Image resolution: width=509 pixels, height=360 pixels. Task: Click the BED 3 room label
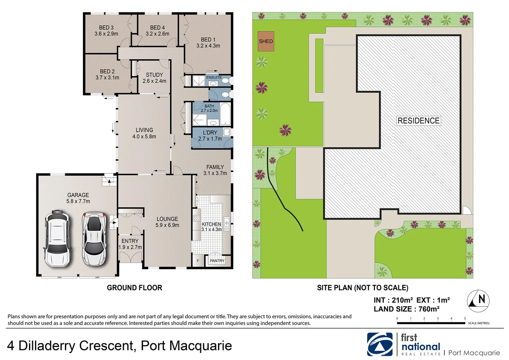[x=106, y=28]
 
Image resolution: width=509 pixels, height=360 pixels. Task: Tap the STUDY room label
[x=154, y=75]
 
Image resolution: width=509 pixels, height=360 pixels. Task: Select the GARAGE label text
[x=78, y=195]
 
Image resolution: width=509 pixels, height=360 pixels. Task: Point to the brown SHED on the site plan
[x=266, y=41]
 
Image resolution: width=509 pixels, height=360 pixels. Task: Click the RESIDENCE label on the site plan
[x=418, y=121]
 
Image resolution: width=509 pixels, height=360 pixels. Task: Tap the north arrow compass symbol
[x=478, y=299]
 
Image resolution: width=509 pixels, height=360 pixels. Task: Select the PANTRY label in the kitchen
[x=217, y=261]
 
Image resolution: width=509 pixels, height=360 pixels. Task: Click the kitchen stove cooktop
[x=197, y=219]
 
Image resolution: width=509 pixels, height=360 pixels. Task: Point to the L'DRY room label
[x=210, y=133]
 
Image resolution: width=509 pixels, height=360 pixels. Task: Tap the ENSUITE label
[x=214, y=77]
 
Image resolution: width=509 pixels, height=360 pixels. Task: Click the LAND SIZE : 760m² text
[x=406, y=309]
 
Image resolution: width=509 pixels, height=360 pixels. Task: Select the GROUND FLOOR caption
[x=134, y=288]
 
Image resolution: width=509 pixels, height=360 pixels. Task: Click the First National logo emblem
[x=380, y=344]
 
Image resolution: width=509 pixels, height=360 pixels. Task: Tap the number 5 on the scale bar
[x=465, y=319]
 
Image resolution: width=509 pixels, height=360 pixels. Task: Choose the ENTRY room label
[x=130, y=241]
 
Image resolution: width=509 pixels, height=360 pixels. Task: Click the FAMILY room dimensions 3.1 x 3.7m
[x=215, y=173]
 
